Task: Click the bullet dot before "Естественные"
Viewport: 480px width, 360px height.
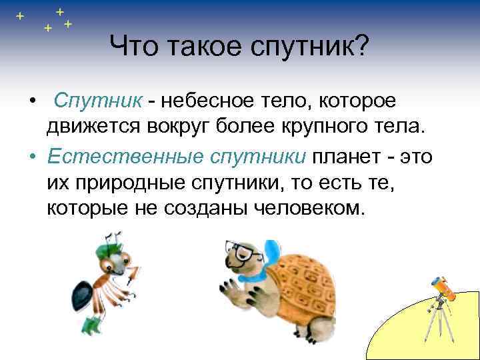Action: tap(32, 156)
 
